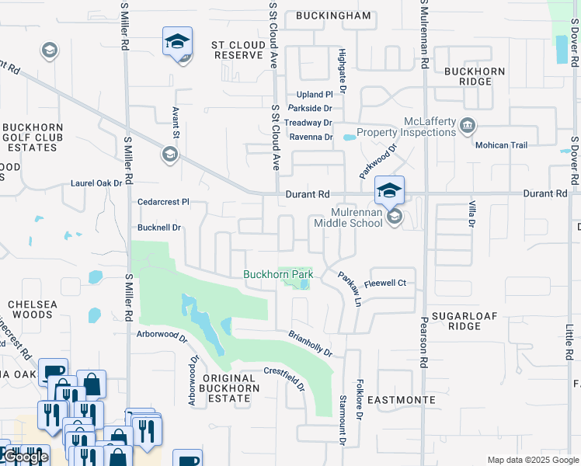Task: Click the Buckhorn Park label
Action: (x=277, y=274)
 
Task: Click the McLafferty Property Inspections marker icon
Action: (x=468, y=126)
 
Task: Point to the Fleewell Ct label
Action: (x=385, y=283)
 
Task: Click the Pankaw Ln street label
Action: (x=350, y=288)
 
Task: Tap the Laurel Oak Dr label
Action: (x=96, y=183)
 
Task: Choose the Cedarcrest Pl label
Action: (x=163, y=202)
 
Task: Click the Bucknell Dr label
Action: (x=158, y=228)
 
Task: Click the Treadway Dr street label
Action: (x=308, y=123)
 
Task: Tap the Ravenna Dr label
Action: (x=311, y=137)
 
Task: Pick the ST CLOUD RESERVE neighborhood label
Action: (x=238, y=50)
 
